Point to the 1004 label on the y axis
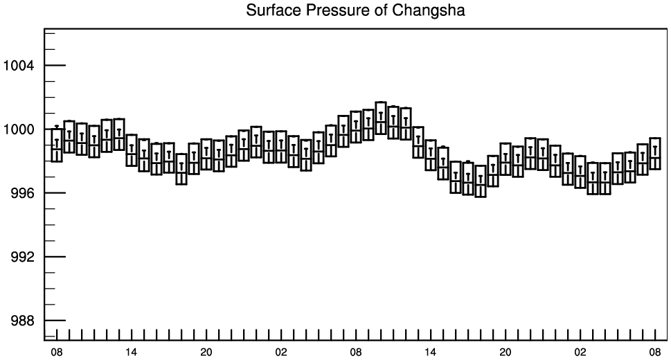pos(19,66)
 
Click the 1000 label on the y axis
pos(19,129)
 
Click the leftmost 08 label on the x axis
pos(57,352)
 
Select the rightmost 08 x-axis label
pos(655,352)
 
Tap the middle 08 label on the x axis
pos(356,352)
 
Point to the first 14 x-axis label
pos(132,352)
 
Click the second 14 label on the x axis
pos(431,352)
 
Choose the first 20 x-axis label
pos(206,352)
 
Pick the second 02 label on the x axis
pos(580,352)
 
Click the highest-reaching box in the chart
pos(381,102)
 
